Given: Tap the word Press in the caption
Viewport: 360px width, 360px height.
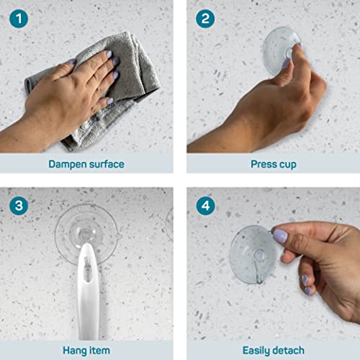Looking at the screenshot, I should point(264,164).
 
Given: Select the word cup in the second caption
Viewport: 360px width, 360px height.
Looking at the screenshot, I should point(289,164).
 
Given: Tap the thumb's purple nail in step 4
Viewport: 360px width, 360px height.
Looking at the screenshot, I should point(280,236).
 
